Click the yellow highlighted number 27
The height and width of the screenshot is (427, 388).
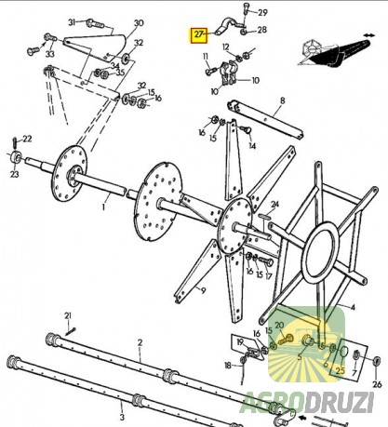[x=199, y=34]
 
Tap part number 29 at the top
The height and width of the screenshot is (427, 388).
[x=262, y=13]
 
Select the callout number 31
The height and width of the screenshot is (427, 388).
[x=72, y=22]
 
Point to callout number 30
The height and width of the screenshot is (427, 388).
[x=139, y=23]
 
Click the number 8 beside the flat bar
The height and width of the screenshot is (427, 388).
[x=282, y=100]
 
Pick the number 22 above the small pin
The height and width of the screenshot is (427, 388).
[x=27, y=139]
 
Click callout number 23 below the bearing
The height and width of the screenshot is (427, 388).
[x=14, y=174]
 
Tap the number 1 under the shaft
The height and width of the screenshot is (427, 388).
[x=104, y=207]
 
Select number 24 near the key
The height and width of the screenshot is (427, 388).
[x=275, y=204]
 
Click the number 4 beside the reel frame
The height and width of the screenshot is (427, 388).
[x=353, y=307]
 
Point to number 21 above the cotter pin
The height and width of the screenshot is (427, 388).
[x=68, y=316]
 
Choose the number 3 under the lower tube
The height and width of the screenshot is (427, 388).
[x=122, y=417]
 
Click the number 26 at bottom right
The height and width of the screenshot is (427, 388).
[x=377, y=384]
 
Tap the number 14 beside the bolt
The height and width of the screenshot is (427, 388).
[x=252, y=145]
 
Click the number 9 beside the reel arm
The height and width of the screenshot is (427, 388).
[x=203, y=291]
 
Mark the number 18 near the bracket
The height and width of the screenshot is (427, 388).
[x=228, y=366]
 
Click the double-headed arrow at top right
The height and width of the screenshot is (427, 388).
[x=368, y=35]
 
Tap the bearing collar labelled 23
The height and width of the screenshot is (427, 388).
[x=16, y=157]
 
